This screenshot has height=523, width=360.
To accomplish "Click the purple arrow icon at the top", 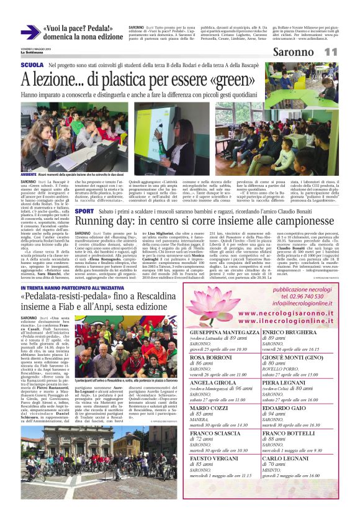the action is (30, 33).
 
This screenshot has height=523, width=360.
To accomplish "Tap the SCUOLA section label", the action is (32, 65).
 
